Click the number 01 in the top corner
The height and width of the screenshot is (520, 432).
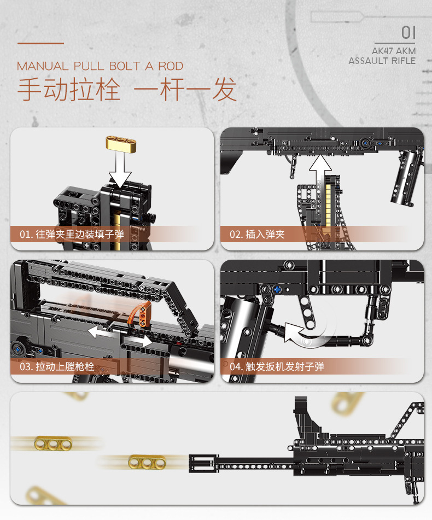pyautogui.click(x=408, y=32)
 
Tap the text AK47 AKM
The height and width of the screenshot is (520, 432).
pyautogui.click(x=393, y=51)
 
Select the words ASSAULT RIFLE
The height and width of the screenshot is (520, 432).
pyautogui.click(x=382, y=61)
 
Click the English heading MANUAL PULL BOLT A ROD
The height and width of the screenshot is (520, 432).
pyautogui.click(x=100, y=66)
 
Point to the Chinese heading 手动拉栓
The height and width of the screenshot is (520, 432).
pyautogui.click(x=68, y=90)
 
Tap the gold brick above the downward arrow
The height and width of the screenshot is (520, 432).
pyautogui.click(x=121, y=144)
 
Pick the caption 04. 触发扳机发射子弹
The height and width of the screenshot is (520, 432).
pyautogui.click(x=277, y=366)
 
